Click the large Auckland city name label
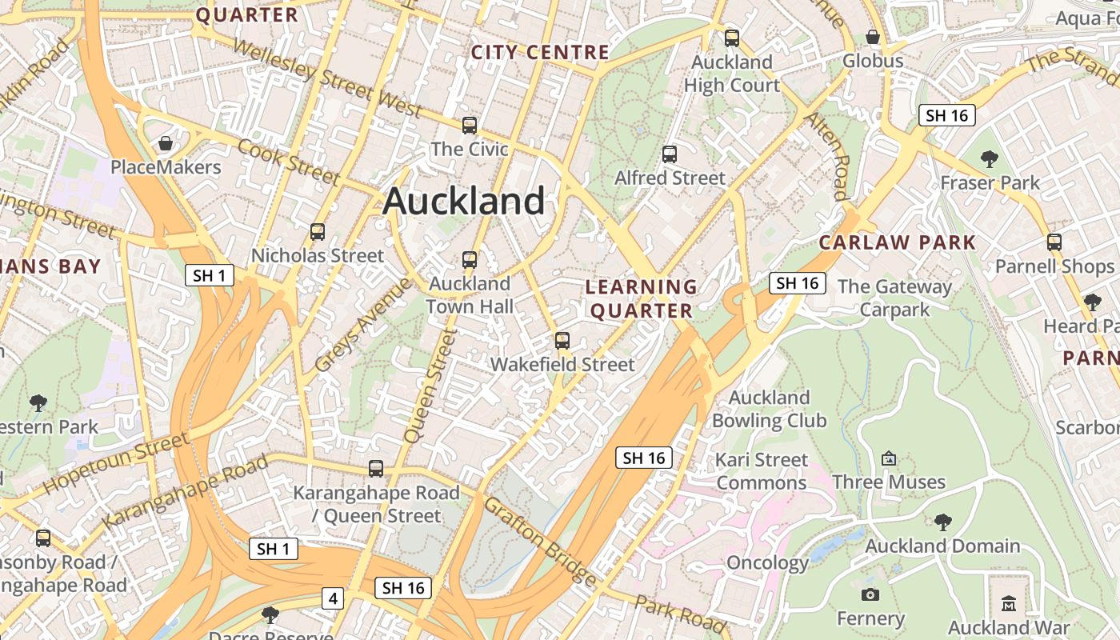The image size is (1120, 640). [x=464, y=201]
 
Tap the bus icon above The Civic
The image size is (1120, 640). [x=470, y=126]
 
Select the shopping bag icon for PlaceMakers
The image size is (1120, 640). [x=166, y=143]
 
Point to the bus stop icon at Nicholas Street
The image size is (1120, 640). [x=318, y=232]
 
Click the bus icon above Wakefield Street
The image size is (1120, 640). [x=562, y=341]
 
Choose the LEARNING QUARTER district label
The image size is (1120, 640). [x=642, y=298]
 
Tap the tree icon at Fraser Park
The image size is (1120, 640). [x=990, y=159]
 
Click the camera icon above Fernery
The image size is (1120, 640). [x=870, y=594]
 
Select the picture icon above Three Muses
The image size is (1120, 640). [x=888, y=458]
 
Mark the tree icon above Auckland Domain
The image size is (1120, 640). [x=943, y=522]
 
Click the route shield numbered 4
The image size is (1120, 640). [x=333, y=598]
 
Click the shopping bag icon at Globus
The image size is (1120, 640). [x=873, y=37]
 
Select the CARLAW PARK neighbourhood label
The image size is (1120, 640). [x=898, y=242]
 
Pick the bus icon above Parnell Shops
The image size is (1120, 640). [x=1054, y=242]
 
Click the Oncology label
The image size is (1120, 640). [x=768, y=562]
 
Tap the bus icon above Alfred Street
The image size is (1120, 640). [x=670, y=154]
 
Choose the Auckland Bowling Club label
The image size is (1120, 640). [x=769, y=409]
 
